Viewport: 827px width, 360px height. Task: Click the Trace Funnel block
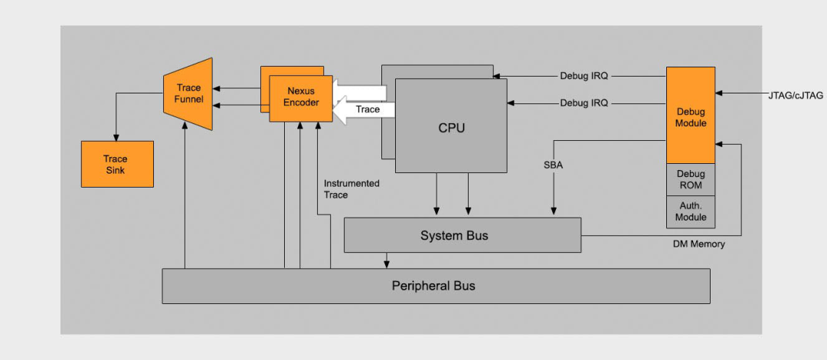188,93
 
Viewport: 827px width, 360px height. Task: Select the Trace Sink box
117,164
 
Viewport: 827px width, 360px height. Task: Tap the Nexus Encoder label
302,97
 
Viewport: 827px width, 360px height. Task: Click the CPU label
451,128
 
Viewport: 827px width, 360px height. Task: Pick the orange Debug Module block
690,115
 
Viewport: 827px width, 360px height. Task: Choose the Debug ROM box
690,179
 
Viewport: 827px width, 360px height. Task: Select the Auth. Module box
690,211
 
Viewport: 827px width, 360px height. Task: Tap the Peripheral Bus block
435,286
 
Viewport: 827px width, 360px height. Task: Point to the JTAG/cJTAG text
796,96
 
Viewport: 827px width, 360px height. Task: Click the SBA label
553,165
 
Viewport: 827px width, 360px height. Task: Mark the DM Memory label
698,244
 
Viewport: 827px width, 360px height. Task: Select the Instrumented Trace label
351,189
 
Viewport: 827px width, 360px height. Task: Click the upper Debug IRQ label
583,76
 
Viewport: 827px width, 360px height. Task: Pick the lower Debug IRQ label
583,103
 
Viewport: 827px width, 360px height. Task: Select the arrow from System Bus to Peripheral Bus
387,260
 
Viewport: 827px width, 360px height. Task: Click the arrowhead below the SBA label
553,212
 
